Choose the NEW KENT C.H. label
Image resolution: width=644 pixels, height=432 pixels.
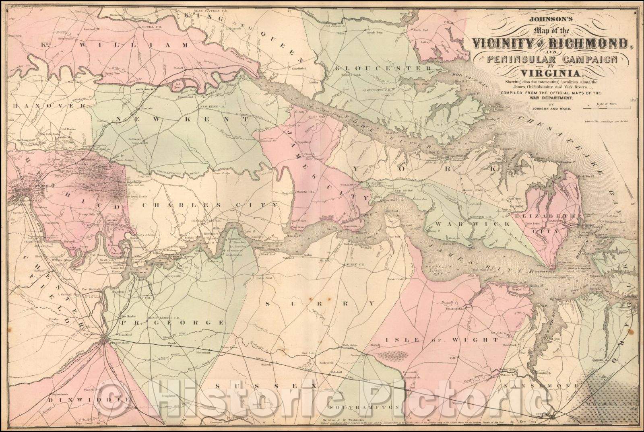[x=211, y=107]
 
